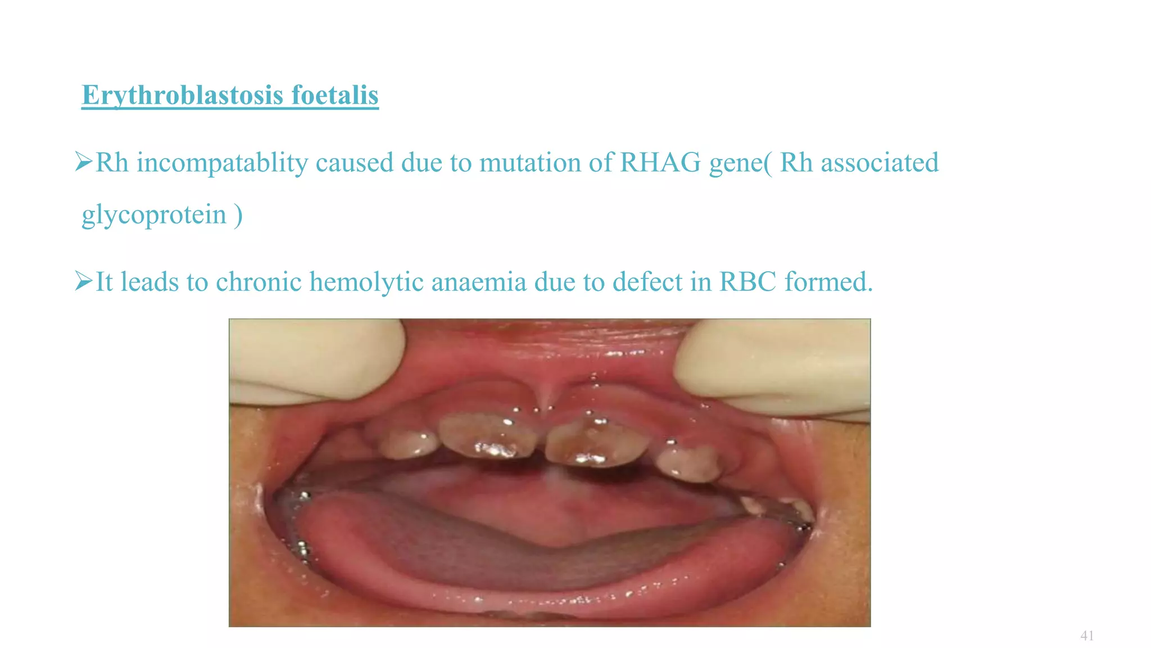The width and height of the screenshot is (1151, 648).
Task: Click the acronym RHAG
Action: [660, 163]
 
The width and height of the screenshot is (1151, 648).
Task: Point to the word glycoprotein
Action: [154, 215]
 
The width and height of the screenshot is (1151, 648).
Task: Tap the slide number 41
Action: [1087, 636]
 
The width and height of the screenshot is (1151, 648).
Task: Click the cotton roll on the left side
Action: [315, 360]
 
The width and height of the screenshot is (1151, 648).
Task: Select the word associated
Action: [880, 163]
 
